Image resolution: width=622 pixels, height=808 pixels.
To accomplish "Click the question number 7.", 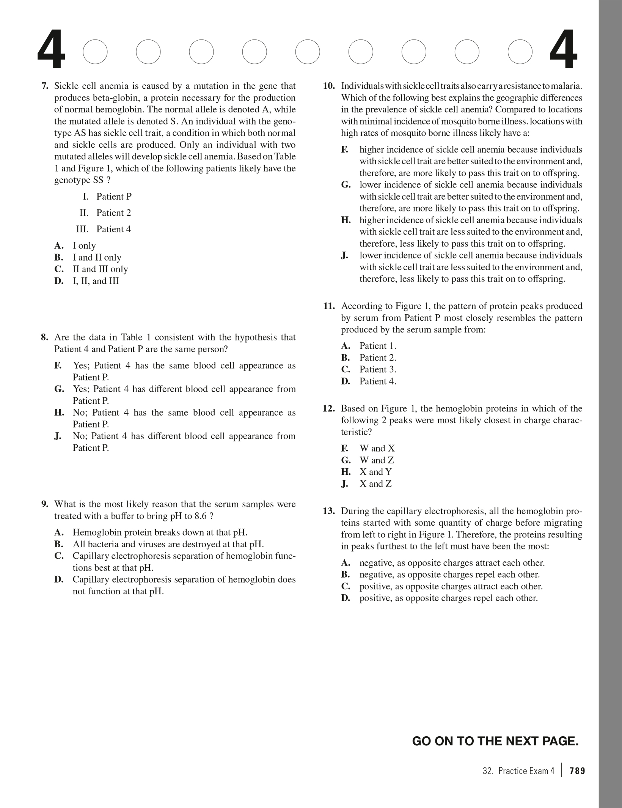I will pyautogui.click(x=45, y=86).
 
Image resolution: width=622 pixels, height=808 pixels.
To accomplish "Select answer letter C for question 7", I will pyautogui.click(x=59, y=269).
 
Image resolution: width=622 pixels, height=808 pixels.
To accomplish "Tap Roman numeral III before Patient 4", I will pyautogui.click(x=82, y=229).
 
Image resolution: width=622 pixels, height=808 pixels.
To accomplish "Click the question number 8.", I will pyautogui.click(x=45, y=337).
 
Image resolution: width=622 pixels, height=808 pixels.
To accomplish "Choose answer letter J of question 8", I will pyautogui.click(x=58, y=436).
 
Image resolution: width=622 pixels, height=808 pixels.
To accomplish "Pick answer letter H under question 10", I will pyautogui.click(x=346, y=221).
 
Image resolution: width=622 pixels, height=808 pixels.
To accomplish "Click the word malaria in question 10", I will pyautogui.click(x=568, y=86).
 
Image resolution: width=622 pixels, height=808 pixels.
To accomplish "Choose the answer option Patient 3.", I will pyautogui.click(x=378, y=370).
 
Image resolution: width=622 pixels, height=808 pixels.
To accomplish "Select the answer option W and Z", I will pyautogui.click(x=377, y=460).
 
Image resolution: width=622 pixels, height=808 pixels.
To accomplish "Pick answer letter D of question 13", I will pyautogui.click(x=345, y=599).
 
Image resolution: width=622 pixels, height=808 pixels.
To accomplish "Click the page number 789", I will pyautogui.click(x=577, y=771).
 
